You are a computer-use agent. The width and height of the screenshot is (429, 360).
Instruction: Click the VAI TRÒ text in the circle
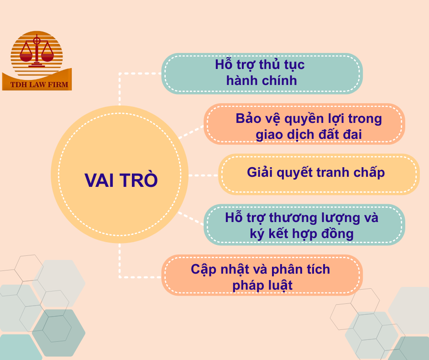click(121, 180)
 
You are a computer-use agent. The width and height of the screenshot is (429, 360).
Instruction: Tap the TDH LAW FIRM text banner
click(37, 85)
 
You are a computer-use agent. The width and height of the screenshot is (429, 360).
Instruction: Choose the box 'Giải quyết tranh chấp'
click(318, 174)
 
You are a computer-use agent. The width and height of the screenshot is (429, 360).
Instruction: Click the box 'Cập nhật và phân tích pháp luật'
click(262, 275)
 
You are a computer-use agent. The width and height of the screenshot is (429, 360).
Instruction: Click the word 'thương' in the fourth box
click(294, 217)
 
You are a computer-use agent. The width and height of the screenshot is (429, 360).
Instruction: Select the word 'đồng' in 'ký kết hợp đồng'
click(337, 234)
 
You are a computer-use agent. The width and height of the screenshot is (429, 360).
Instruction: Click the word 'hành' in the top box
click(241, 81)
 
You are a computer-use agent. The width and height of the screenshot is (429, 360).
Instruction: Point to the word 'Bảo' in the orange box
click(248, 119)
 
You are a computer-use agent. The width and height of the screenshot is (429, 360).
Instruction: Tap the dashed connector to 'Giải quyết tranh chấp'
click(204, 175)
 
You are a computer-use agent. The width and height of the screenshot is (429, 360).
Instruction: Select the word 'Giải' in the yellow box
click(260, 173)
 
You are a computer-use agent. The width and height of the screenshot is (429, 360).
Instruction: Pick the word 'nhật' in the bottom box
click(237, 270)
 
